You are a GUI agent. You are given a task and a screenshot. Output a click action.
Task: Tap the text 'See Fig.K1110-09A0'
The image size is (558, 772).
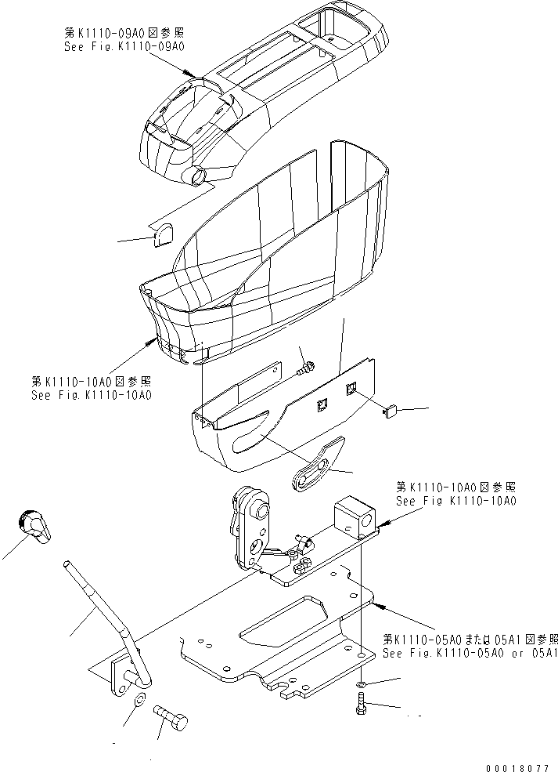124,47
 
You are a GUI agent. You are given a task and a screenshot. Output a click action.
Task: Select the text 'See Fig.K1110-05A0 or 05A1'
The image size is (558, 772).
469,654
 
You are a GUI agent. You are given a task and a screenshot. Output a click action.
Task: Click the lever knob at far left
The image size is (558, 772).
34,524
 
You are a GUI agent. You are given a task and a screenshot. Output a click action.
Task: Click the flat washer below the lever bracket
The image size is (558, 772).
139,700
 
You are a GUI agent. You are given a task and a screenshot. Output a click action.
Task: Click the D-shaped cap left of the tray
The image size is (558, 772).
165,233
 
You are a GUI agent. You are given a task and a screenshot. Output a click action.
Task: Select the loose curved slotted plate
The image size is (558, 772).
320,463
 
